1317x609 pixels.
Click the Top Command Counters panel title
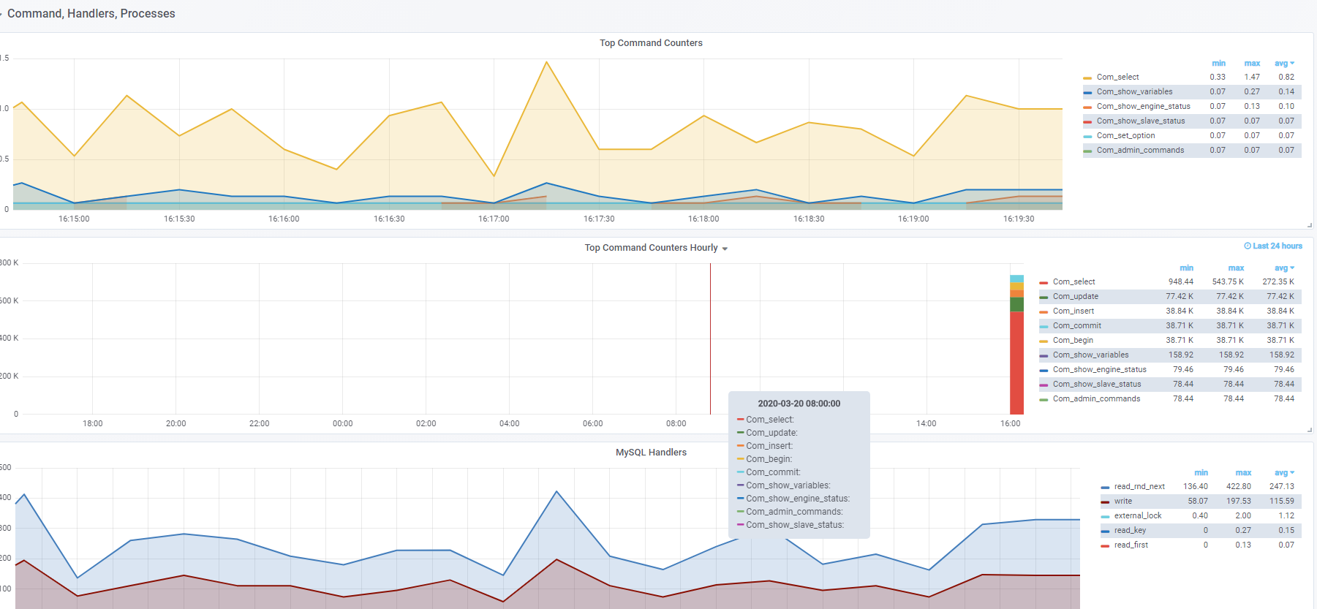pos(651,43)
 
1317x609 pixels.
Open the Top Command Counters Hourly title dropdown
pos(725,249)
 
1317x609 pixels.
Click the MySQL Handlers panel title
pos(651,453)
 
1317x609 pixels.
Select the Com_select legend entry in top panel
pos(1117,77)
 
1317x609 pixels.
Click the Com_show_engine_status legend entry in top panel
pos(1143,106)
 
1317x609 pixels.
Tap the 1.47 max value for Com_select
pos(1252,77)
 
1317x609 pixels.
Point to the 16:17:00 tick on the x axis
pos(494,219)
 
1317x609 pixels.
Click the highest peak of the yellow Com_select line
pos(546,62)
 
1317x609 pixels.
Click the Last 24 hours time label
pos(1273,246)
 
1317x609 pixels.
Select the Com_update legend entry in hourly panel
pos(1075,296)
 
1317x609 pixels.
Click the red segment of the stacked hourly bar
pos(1016,363)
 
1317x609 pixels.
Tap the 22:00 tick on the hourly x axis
pos(259,423)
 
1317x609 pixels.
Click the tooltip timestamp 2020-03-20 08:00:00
pos(799,404)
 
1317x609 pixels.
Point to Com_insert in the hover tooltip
pos(769,446)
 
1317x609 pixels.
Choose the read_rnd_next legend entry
pos(1139,486)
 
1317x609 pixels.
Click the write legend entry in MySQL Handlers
pos(1123,501)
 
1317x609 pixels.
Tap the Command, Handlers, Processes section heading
pos(91,14)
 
